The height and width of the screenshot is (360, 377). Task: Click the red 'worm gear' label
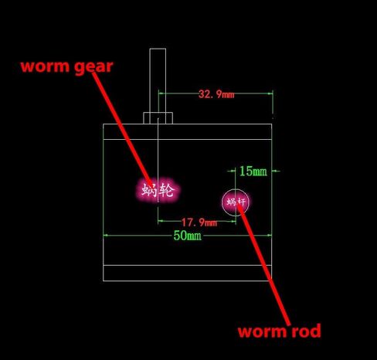[67, 67]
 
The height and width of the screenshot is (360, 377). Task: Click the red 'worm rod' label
[280, 331]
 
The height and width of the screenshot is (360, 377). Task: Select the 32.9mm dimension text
[216, 94]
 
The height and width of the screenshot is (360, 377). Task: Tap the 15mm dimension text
[253, 171]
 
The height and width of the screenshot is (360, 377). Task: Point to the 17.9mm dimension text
[199, 222]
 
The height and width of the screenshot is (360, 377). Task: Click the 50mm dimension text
[187, 236]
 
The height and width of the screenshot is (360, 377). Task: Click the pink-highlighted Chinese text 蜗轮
[158, 190]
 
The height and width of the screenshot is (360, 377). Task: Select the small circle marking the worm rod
[222, 202]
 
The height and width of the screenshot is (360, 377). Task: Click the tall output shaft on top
[158, 80]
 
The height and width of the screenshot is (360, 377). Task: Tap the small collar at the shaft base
[158, 118]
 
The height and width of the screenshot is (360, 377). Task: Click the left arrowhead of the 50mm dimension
[106, 235]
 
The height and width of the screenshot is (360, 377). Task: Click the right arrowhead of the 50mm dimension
[269, 235]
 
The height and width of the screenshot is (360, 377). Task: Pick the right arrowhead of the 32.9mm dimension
[270, 93]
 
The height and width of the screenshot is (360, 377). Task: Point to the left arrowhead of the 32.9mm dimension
[161, 93]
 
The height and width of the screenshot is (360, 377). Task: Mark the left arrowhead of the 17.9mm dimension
[161, 221]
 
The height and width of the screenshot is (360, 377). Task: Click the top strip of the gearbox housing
[187, 131]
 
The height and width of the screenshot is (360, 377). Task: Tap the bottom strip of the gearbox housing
[187, 273]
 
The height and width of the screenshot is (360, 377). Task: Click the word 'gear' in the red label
[93, 67]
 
